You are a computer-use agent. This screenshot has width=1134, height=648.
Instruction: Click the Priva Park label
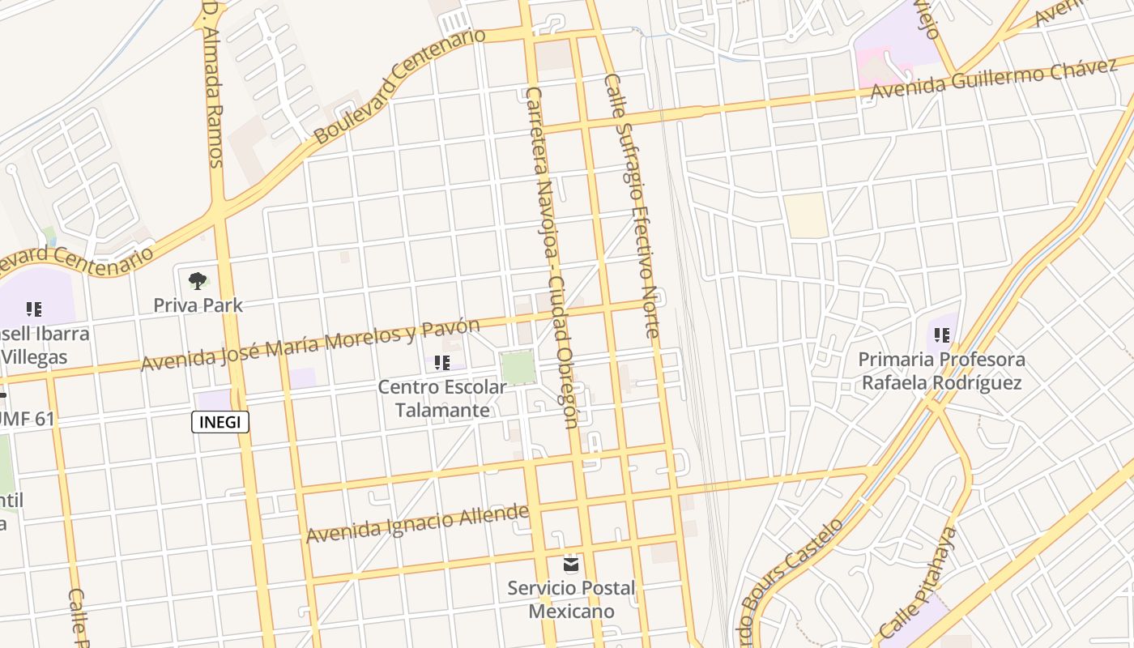(198, 305)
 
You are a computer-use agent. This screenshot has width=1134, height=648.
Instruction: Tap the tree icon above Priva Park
(198, 281)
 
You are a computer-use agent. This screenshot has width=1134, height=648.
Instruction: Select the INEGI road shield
(220, 422)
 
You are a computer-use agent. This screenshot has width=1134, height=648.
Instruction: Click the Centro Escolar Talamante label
(442, 399)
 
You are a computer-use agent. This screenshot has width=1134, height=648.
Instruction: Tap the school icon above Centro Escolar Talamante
(442, 362)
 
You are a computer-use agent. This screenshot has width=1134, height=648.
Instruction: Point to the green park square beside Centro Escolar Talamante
(518, 368)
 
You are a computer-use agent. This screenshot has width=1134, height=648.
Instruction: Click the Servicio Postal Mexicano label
(572, 599)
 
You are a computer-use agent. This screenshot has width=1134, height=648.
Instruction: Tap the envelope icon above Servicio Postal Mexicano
(572, 563)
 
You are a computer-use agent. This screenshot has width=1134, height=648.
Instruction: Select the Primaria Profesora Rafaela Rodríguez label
(941, 371)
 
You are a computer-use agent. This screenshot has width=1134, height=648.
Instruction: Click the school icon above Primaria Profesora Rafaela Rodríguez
(941, 334)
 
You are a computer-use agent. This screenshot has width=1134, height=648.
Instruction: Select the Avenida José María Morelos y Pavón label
(310, 345)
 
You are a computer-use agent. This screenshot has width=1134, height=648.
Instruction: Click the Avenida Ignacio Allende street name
(417, 524)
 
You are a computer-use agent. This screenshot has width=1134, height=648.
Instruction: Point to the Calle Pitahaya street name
(918, 583)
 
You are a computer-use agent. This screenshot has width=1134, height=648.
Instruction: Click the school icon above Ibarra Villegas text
(33, 309)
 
